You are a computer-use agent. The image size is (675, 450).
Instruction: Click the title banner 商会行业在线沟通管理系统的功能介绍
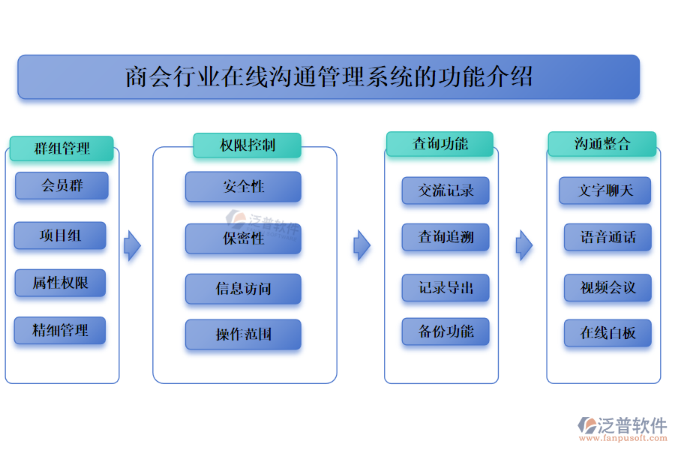(328, 76)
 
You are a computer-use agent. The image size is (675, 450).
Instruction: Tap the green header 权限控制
(247, 145)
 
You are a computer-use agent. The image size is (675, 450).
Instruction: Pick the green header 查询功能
(439, 144)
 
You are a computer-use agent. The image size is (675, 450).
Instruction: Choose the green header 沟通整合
(601, 144)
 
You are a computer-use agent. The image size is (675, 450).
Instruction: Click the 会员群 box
(61, 185)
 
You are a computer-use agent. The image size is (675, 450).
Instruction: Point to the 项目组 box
(60, 235)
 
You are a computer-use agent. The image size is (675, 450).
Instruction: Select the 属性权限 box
(60, 283)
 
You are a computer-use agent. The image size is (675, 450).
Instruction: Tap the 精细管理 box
(60, 330)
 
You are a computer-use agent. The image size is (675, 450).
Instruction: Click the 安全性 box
(243, 186)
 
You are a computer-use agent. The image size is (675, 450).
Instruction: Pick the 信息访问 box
(243, 289)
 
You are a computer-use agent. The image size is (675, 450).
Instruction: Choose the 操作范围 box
(243, 334)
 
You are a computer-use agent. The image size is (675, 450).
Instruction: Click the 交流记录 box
(445, 190)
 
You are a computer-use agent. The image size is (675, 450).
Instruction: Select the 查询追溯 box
(445, 238)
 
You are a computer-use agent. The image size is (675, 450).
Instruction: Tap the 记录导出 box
(445, 288)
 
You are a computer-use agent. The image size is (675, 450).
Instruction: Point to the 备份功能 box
(445, 331)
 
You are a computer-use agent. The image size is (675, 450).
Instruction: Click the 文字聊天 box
(604, 190)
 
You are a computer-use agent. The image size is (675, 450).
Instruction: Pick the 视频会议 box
(607, 288)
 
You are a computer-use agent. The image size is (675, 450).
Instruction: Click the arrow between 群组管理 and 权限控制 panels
(132, 245)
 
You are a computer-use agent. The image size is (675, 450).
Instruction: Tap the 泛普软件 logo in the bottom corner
(622, 427)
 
